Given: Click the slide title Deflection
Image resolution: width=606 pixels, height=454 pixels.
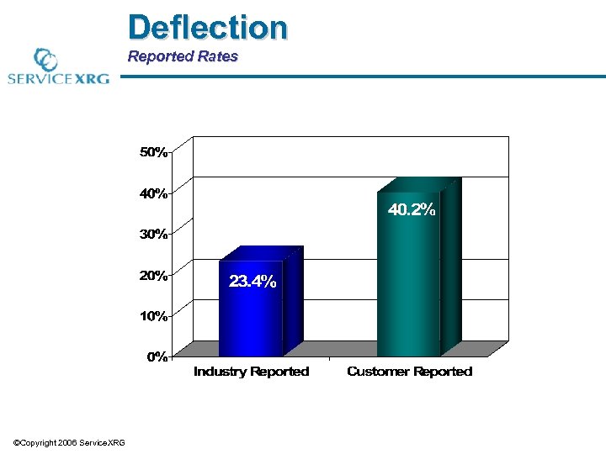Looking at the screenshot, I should [207, 27].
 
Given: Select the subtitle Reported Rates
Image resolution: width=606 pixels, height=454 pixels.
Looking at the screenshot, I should [183, 57].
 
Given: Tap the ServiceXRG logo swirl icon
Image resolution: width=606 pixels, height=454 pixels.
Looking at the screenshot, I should [45, 60].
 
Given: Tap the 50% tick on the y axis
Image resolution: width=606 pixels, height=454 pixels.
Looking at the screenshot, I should [152, 153].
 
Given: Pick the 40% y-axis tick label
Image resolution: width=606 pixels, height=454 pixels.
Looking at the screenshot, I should [152, 193].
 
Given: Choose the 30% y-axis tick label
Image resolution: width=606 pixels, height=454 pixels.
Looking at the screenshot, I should [152, 235].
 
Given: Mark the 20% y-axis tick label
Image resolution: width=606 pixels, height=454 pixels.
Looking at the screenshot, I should [152, 275].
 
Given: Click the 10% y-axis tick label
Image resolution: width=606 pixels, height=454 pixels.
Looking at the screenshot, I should [152, 316].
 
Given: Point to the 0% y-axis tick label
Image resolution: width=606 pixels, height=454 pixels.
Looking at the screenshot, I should [156, 356].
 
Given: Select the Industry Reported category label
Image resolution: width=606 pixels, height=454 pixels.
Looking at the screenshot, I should [251, 372].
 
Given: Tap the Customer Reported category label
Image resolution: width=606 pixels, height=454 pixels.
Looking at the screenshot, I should [409, 372].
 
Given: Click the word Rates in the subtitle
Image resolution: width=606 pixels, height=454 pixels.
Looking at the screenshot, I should [218, 57].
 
